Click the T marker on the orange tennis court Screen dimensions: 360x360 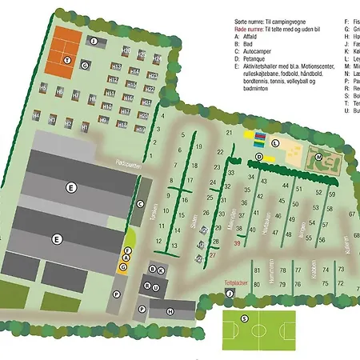pos(67,60)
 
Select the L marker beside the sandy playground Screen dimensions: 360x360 pos(274,142)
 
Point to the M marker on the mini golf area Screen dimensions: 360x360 pos(318,158)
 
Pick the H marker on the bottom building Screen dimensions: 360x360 pos(170,311)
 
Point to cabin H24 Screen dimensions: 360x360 pos(157,60)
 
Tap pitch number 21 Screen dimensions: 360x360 pos(230,132)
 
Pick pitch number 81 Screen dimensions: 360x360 pos(258,271)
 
